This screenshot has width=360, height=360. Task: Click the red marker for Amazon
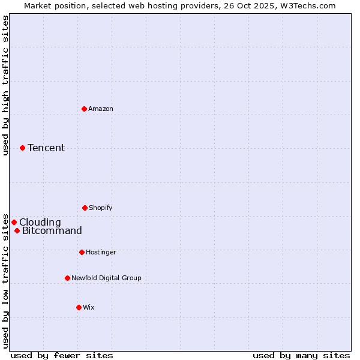click(85, 109)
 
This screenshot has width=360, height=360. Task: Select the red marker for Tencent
click(22, 148)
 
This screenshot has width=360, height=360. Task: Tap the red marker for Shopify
click(85, 208)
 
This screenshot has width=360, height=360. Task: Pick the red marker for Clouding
click(14, 222)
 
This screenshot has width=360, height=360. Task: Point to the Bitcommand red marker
click(17, 230)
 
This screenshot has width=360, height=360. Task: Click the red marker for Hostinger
click(82, 252)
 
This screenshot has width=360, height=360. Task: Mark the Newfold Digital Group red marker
click(67, 278)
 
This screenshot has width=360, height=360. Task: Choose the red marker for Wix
click(79, 307)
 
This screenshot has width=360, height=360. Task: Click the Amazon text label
click(101, 109)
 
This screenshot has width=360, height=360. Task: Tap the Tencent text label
click(46, 148)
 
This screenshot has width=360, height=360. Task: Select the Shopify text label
click(101, 208)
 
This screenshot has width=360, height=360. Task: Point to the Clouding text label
click(40, 222)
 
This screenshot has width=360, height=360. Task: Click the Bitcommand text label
click(52, 230)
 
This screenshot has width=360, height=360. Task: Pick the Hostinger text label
click(101, 252)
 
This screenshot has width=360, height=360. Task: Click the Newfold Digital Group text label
click(106, 278)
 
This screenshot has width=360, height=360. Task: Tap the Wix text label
click(89, 307)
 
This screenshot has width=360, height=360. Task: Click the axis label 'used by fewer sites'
click(62, 355)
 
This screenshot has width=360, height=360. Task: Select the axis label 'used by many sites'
click(301, 355)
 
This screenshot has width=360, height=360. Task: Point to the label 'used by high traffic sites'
click(5, 85)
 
